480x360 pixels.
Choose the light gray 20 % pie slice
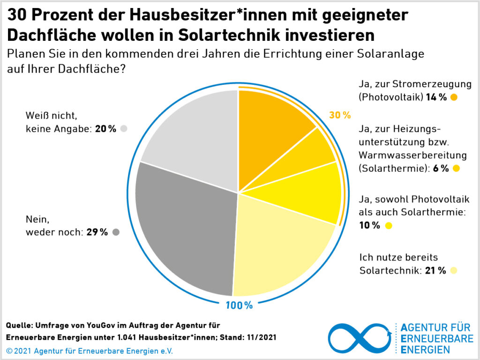click(x=192, y=136)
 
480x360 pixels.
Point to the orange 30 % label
click(x=340, y=115)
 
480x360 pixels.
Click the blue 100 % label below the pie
click(x=239, y=306)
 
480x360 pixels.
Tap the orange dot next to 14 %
click(x=453, y=97)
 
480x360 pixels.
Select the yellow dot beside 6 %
click(x=456, y=168)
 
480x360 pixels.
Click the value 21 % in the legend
click(x=435, y=270)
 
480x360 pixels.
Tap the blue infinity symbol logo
click(x=359, y=338)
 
